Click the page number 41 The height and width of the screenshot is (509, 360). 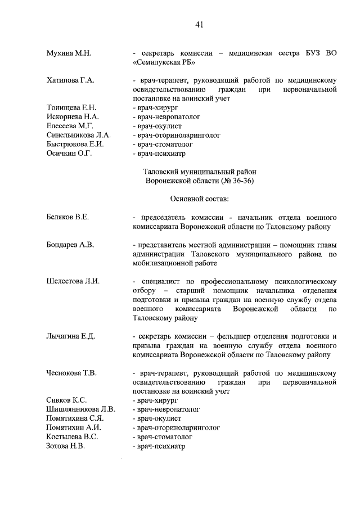pos(199,24)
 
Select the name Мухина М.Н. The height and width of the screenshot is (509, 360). pos(69,53)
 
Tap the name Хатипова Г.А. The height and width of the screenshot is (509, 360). pos(70,80)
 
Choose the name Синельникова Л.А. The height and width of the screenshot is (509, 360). pos(79,135)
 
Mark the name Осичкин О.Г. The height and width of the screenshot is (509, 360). pos(69,153)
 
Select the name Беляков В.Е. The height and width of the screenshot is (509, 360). pos(68,217)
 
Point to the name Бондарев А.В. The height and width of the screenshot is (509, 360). pos(70,245)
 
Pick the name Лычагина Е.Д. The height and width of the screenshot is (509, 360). pos(71,336)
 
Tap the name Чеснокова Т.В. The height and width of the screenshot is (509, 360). pos(71,373)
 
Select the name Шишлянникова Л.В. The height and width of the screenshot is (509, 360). pos(80,409)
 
